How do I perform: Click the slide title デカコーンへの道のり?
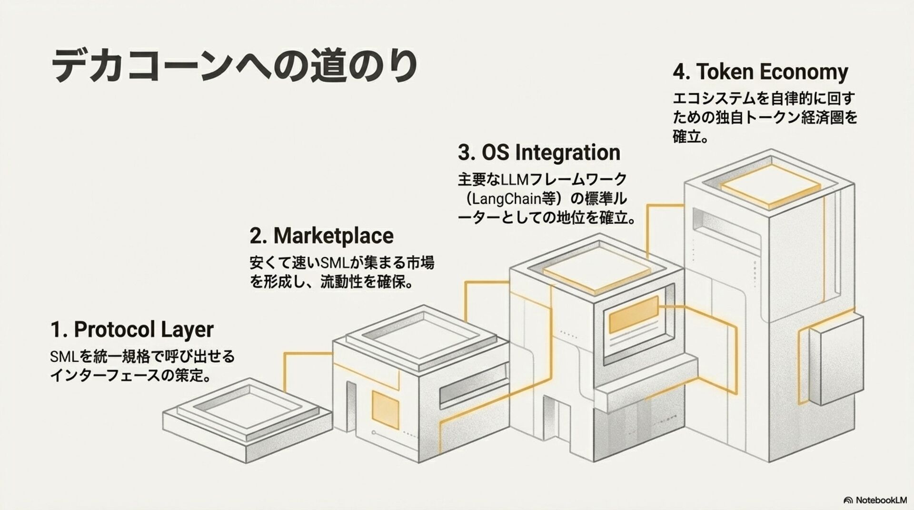[x=233, y=65]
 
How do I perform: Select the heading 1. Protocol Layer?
[x=132, y=330]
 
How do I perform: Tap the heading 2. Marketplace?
[x=321, y=236]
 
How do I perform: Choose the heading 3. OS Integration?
[x=539, y=153]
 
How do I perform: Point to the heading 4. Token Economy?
[x=760, y=72]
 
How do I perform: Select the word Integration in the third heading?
[x=567, y=153]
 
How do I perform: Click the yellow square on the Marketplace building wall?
[x=385, y=408]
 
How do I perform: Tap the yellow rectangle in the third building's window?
[x=633, y=314]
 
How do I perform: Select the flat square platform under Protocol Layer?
[x=248, y=419]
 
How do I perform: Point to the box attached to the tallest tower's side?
[x=835, y=361]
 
